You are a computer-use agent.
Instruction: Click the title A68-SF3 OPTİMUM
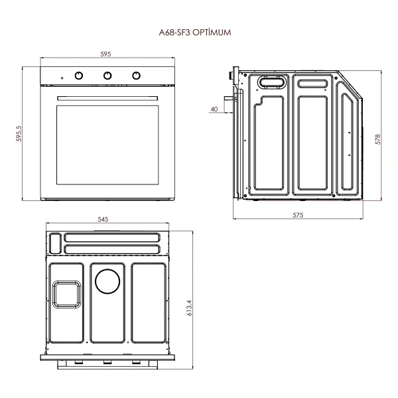[x=195, y=33]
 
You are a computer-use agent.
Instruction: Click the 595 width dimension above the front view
[x=105, y=54]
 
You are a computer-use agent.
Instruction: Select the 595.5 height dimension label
[x=19, y=133]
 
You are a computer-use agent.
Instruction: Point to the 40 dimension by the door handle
[x=214, y=109]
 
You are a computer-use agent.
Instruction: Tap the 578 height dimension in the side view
[x=378, y=139]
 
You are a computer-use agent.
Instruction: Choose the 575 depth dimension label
[x=298, y=215]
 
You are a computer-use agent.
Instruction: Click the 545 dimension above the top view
[x=103, y=220]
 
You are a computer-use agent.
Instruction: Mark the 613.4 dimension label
[x=189, y=308]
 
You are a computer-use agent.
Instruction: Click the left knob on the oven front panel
[x=79, y=76]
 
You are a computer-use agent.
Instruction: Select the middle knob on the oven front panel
[x=107, y=76]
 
